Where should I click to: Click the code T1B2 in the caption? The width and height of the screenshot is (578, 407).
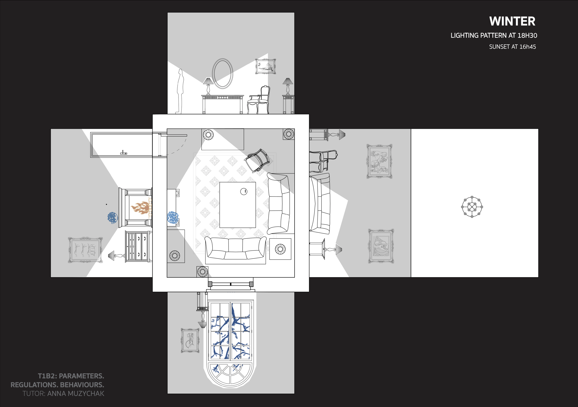(47, 376)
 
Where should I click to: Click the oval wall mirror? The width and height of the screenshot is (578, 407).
(223, 73)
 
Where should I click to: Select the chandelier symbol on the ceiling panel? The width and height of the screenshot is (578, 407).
(472, 207)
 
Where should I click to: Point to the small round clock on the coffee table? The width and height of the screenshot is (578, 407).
(244, 191)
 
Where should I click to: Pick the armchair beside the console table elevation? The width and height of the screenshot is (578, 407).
(259, 100)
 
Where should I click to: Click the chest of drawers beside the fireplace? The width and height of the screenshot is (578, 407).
(138, 246)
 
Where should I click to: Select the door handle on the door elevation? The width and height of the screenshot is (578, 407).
(123, 153)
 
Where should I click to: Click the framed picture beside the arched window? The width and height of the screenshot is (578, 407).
(190, 341)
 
